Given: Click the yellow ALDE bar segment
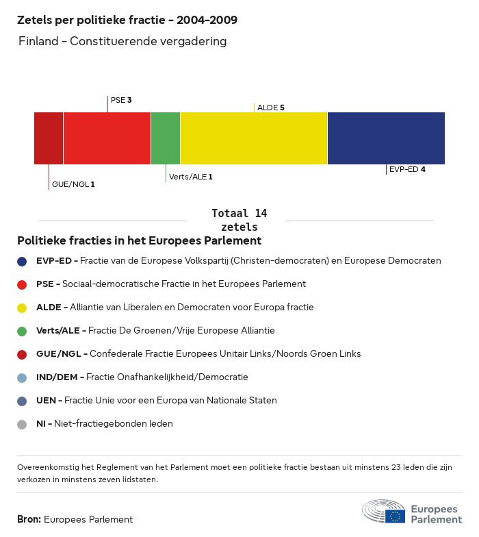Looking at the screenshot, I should click(254, 138).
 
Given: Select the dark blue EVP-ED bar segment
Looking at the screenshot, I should click(386, 138).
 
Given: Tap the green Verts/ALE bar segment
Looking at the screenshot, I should click(166, 138).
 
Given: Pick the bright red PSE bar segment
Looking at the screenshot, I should click(107, 138).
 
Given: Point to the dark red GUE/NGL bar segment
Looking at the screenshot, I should click(49, 138).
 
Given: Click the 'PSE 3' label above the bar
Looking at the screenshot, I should click(121, 100).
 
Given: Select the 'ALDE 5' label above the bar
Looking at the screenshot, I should click(270, 108).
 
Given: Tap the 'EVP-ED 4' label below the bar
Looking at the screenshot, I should click(406, 169).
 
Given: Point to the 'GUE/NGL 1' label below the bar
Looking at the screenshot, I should click(73, 184).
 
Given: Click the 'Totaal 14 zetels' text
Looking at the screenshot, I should click(239, 220).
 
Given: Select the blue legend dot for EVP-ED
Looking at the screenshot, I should click(22, 261).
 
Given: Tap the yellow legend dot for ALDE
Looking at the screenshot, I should click(22, 308).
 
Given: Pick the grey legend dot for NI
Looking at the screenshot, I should click(22, 424).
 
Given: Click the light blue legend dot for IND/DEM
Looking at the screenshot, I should click(22, 377).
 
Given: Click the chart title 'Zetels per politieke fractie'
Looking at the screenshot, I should click(127, 20).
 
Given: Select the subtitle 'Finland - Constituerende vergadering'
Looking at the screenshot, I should click(122, 42).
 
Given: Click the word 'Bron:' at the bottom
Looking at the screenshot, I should click(29, 519).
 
